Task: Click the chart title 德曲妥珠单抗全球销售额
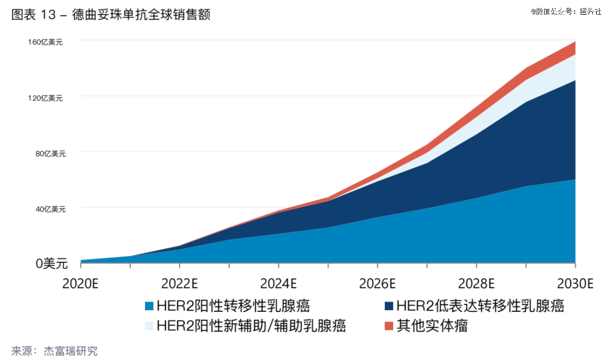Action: tap(142, 15)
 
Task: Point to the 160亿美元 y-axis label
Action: tap(45, 43)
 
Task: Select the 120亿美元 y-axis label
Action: tap(45, 98)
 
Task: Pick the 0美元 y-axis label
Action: tap(52, 264)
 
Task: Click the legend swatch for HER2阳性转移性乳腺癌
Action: tap(149, 307)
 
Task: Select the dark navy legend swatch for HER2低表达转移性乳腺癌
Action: tap(389, 307)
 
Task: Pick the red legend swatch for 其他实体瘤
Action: tap(389, 326)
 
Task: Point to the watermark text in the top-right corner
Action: tap(566, 11)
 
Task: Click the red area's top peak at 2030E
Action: tap(575, 42)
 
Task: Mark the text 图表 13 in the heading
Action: tap(33, 15)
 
